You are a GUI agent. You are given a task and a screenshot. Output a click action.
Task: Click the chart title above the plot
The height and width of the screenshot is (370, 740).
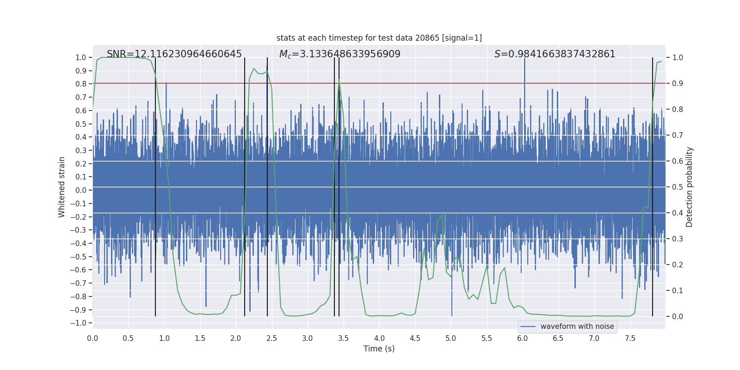coord(379,38)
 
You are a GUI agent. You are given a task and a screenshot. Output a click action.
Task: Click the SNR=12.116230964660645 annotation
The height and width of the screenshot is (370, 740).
coord(174,54)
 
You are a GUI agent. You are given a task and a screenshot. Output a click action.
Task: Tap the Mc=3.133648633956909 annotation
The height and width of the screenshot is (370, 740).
coord(339,54)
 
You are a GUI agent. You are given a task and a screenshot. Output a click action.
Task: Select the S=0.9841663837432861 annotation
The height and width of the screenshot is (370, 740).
coord(555,54)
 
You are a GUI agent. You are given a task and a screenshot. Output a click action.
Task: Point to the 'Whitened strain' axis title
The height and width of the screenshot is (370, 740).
coord(62,187)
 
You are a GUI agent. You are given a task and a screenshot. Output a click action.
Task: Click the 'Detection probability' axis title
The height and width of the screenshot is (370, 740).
coord(689,187)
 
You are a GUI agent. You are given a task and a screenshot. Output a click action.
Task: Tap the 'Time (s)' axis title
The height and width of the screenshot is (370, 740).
coord(379,349)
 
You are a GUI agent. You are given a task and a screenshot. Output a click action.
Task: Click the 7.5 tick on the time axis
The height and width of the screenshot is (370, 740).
coord(630,339)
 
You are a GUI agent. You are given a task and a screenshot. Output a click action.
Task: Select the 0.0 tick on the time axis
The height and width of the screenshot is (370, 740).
coord(92,339)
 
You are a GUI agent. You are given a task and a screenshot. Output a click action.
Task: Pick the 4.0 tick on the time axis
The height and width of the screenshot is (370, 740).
coord(379,339)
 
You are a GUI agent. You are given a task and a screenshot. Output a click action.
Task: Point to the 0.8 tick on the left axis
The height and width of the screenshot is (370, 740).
coord(81,84)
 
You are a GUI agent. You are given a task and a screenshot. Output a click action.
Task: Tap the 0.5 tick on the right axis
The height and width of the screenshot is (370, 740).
coord(678,187)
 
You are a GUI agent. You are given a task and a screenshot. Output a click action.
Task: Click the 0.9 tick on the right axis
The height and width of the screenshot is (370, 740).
coord(678,84)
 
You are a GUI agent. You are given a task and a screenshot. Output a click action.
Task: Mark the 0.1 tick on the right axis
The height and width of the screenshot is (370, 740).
coord(678,291)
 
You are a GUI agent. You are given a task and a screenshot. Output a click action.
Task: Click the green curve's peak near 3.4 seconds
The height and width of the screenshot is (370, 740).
coord(339,80)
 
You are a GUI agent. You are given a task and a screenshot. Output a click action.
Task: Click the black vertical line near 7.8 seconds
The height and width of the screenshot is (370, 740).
coord(653,185)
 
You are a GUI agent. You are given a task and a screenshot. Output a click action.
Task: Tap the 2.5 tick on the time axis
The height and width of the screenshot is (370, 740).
coord(272,339)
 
